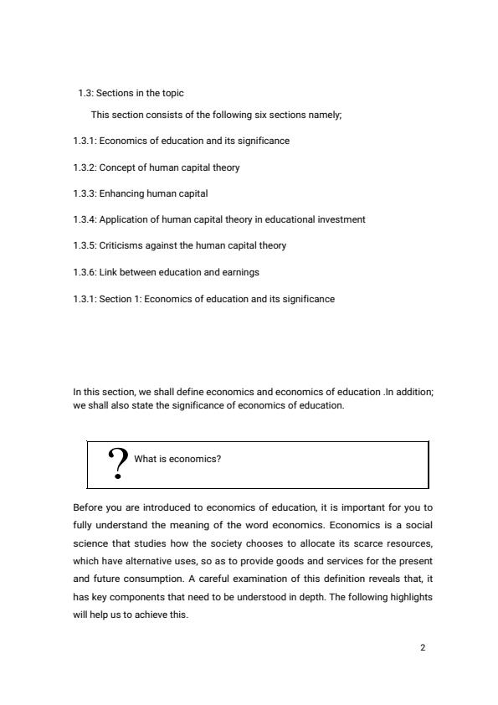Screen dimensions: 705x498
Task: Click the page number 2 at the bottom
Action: pyautogui.click(x=423, y=647)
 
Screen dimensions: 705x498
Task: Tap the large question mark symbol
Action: pyautogui.click(x=119, y=462)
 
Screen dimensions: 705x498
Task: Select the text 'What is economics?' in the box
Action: pyautogui.click(x=177, y=459)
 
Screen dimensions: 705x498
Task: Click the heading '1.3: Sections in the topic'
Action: pyautogui.click(x=131, y=93)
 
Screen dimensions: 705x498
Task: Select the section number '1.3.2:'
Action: pyautogui.click(x=85, y=167)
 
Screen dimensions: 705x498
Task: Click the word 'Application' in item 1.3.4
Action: pyautogui.click(x=122, y=219)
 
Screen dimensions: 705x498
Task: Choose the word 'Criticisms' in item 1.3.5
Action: pyautogui.click(x=121, y=245)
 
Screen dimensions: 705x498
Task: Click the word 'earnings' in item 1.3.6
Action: pyautogui.click(x=242, y=272)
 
